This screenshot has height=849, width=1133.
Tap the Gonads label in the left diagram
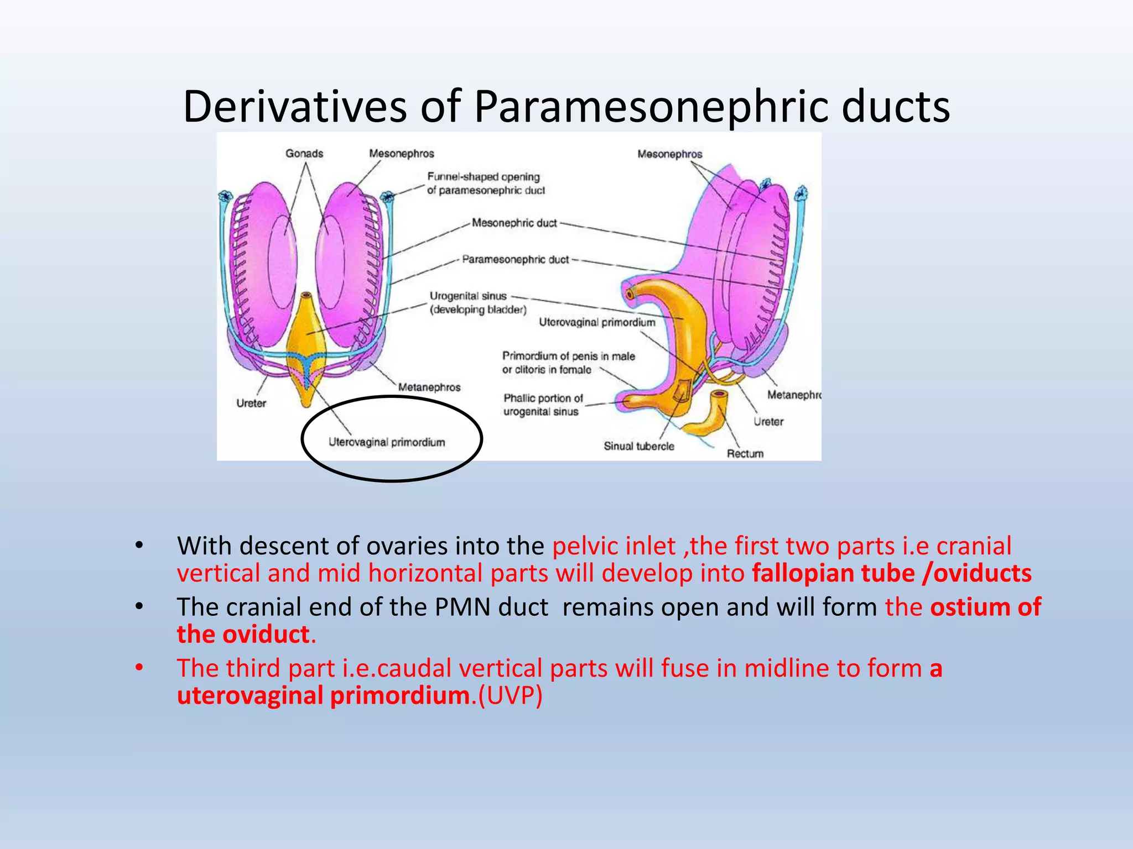304,153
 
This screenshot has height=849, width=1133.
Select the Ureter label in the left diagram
251,403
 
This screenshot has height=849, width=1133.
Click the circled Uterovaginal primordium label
387,442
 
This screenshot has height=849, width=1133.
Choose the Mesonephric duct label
514,223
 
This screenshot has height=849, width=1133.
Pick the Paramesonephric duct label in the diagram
515,259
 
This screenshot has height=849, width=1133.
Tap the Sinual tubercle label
638,446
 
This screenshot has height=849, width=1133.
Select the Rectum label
745,453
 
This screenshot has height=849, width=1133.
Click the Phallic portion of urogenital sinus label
543,405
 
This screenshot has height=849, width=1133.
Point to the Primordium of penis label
568,363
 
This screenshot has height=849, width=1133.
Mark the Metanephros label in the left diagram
429,387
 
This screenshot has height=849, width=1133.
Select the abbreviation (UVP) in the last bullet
510,695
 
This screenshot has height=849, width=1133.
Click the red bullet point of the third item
139,668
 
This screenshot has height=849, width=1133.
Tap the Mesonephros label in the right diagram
669,154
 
